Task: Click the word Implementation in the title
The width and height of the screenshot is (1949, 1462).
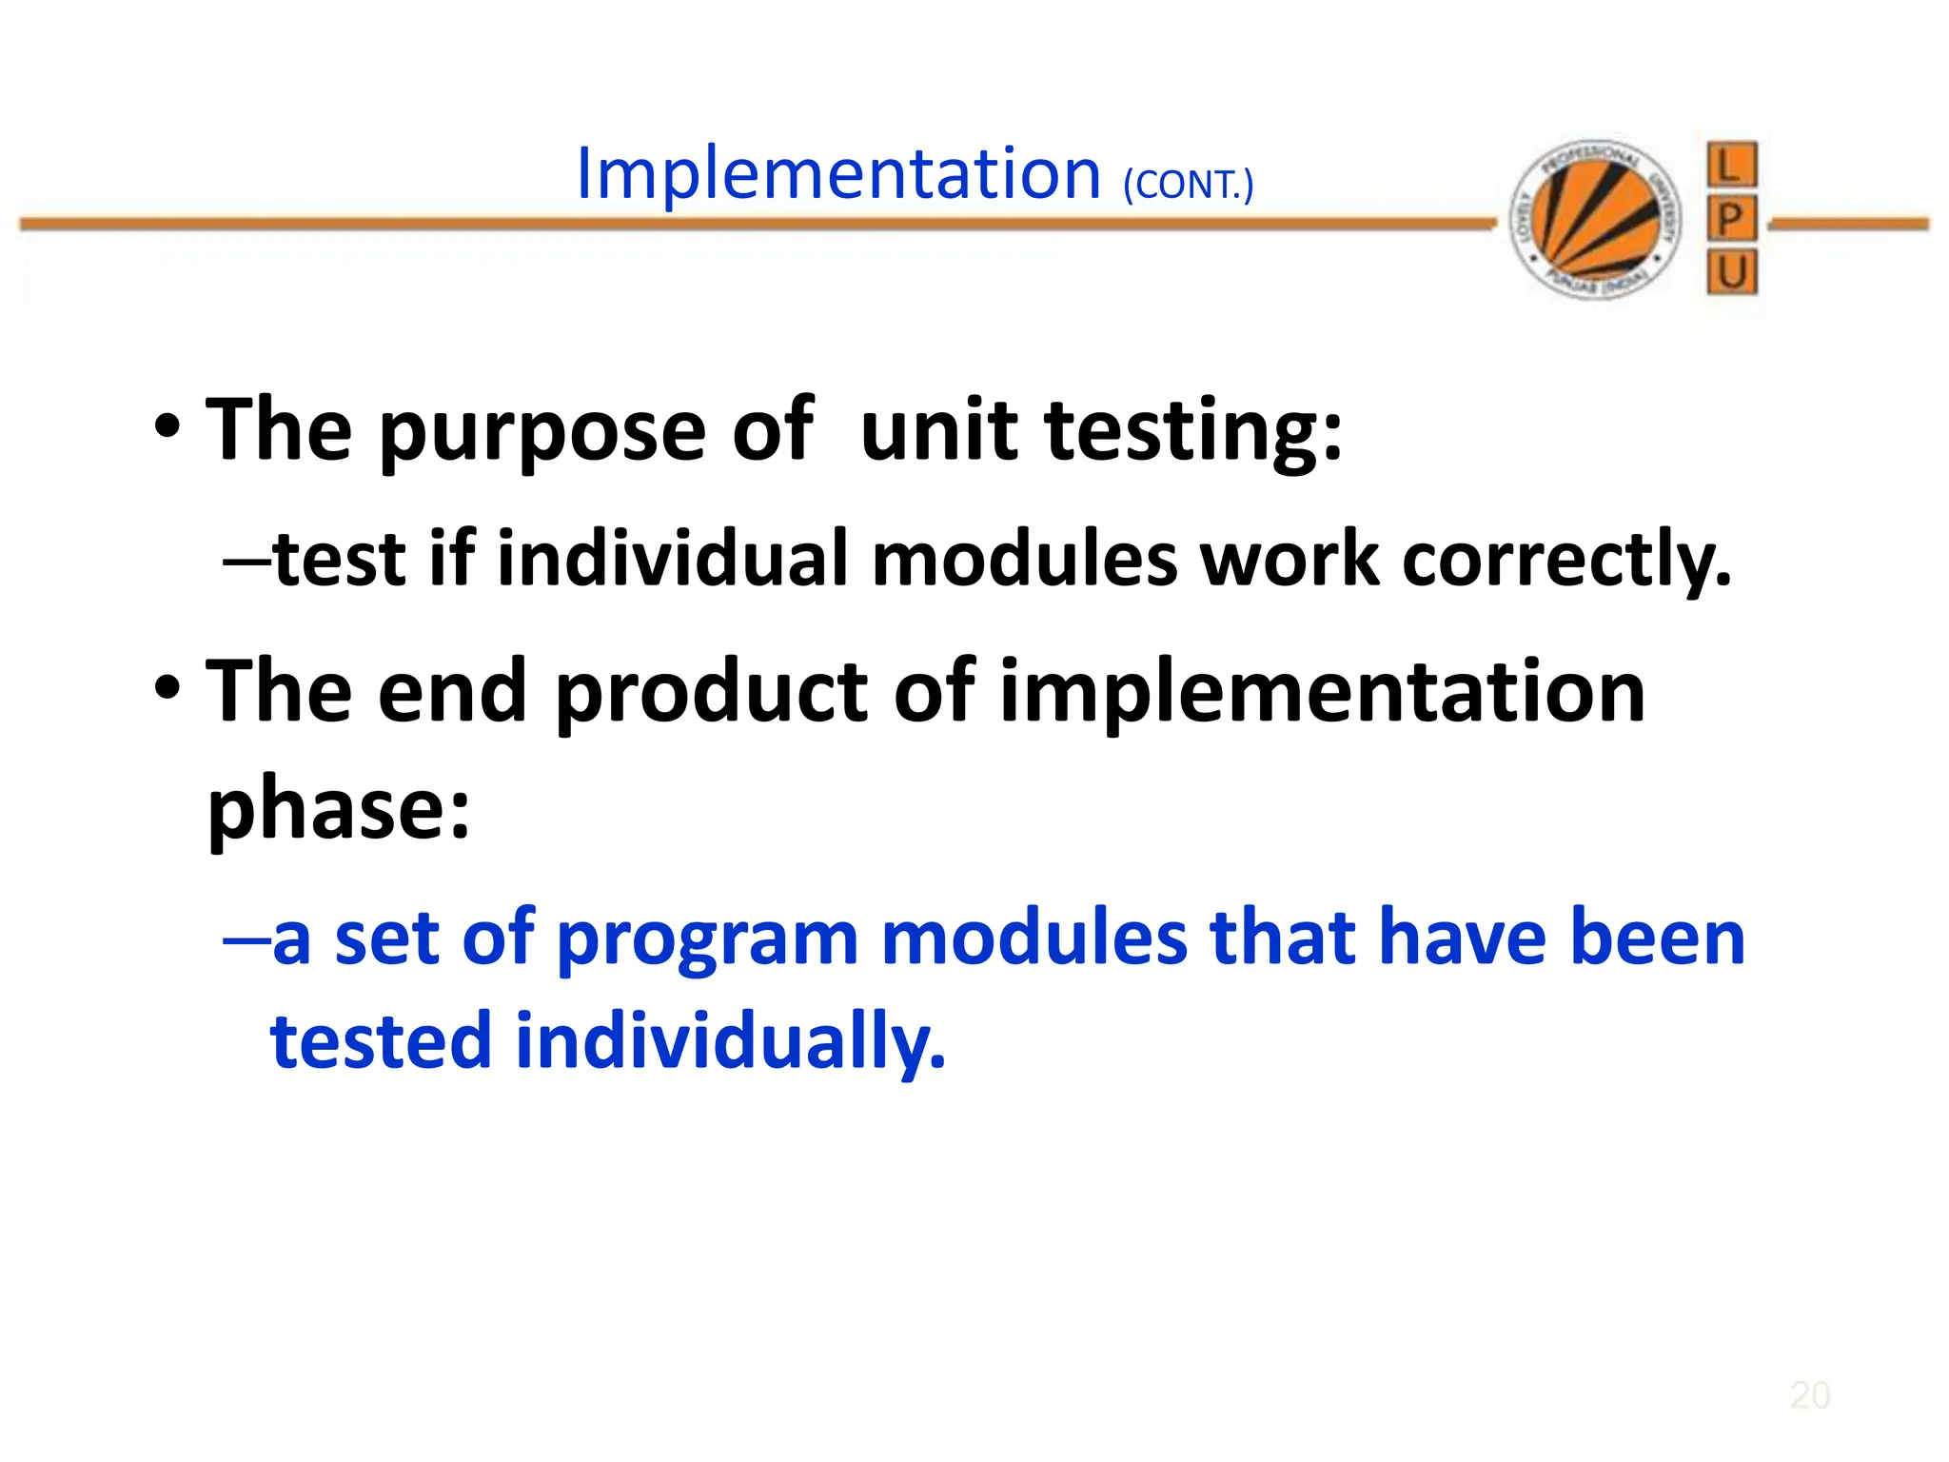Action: [838, 174]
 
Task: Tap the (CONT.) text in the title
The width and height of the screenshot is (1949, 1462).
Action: [1188, 185]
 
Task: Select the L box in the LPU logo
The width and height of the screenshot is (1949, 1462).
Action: [1731, 166]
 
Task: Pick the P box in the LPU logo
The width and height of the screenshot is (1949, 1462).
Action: [1731, 220]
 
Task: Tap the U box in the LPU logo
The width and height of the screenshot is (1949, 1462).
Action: [1731, 273]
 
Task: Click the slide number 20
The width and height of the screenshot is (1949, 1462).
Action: [1809, 1395]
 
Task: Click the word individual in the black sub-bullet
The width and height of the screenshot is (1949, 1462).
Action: [672, 559]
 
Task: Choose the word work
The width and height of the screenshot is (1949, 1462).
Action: [1289, 559]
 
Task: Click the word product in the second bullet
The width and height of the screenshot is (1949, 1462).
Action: [711, 693]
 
